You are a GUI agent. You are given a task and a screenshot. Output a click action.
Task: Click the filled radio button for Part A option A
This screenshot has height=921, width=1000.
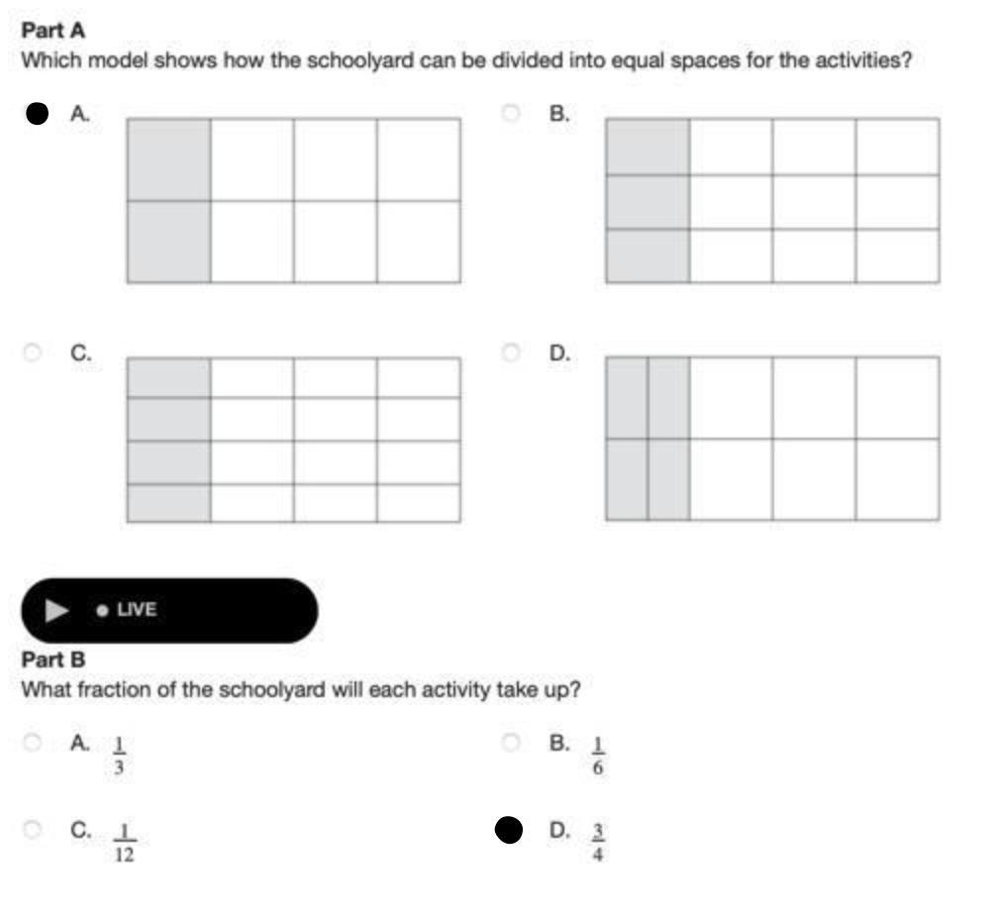[x=37, y=114]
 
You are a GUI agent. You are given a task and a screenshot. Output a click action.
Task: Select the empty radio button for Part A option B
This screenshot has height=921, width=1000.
[x=510, y=114]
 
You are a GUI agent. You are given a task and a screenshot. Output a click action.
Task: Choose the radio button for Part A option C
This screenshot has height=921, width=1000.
[x=32, y=353]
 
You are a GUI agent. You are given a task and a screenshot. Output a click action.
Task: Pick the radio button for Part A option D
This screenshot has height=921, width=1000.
[x=510, y=353]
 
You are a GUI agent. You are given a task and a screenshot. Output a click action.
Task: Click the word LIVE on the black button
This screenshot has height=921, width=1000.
[x=137, y=610]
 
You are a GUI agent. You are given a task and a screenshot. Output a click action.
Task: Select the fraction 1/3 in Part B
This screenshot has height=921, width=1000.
[x=119, y=756]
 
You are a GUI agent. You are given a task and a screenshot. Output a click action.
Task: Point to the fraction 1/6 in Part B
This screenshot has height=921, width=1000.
[x=598, y=756]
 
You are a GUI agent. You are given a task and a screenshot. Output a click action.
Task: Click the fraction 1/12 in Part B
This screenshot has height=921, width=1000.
[x=124, y=843]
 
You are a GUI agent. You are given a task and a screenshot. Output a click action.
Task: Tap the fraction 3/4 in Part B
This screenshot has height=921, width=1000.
[x=598, y=843]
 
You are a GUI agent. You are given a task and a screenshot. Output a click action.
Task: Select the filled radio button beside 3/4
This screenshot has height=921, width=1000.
[x=509, y=830]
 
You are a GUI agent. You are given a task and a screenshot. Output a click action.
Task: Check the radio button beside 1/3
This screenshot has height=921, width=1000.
[x=32, y=742]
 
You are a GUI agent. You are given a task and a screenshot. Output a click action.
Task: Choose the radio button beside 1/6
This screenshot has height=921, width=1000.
[x=510, y=742]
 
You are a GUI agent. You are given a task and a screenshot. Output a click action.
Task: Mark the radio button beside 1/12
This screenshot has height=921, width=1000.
[x=32, y=830]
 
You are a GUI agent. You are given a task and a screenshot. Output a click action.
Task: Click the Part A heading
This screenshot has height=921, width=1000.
[x=53, y=31]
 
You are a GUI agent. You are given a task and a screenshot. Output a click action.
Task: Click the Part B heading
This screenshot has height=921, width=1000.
[x=53, y=660]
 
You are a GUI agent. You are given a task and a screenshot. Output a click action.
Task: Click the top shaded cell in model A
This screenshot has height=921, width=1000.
[x=168, y=159]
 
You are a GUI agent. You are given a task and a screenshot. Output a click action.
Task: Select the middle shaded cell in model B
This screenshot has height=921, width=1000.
[x=648, y=202]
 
